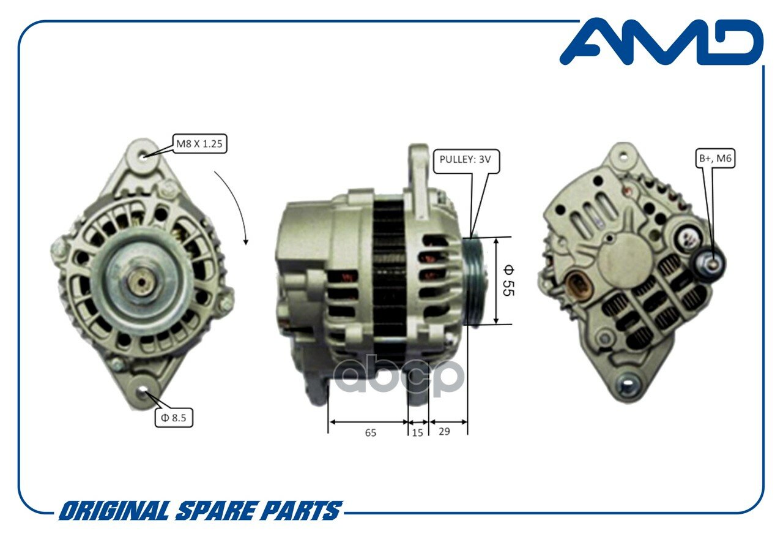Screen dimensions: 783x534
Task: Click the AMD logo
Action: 661,42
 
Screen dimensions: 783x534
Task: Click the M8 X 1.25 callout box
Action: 199,143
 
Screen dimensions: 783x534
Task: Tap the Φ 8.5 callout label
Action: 174,418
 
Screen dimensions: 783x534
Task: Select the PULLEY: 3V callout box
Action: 466,161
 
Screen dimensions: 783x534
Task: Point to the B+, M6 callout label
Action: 715,159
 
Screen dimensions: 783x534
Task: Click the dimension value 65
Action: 371,433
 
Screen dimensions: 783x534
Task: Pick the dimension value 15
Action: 417,433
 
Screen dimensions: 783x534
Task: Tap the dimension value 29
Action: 444,432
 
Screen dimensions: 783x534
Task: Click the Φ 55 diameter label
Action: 508,280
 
